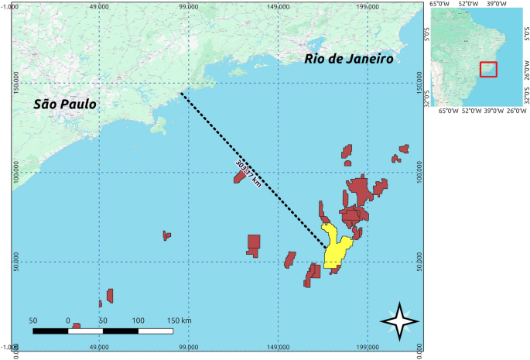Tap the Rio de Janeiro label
pyautogui.click(x=349, y=58)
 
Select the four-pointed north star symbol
pyautogui.click(x=400, y=321)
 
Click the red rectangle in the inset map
pyautogui.click(x=487, y=69)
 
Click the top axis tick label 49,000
pyautogui.click(x=99, y=7)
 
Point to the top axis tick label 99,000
pyautogui.click(x=188, y=7)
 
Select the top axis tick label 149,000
pyautogui.click(x=278, y=7)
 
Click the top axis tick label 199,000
pyautogui.click(x=367, y=7)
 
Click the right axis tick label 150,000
pyautogui.click(x=420, y=83)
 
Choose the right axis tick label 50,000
pyautogui.click(x=420, y=261)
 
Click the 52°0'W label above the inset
pyautogui.click(x=470, y=4)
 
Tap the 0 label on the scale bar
pyautogui.click(x=68, y=320)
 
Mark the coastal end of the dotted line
pyautogui.click(x=181, y=94)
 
